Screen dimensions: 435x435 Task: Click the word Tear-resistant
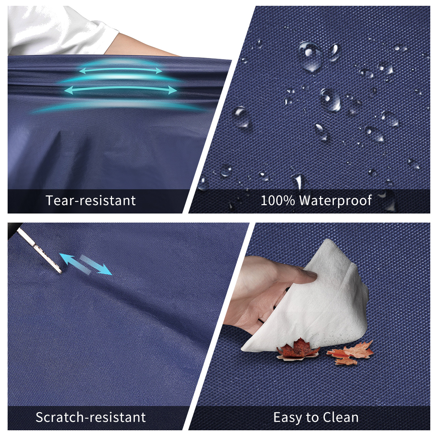[91, 200]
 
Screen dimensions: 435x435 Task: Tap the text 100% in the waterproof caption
[278, 200]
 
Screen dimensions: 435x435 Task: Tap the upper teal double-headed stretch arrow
[121, 70]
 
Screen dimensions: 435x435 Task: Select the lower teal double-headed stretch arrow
[121, 90]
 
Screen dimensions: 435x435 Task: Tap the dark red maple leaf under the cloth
[298, 352]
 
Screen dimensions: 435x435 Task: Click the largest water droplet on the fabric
[310, 57]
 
